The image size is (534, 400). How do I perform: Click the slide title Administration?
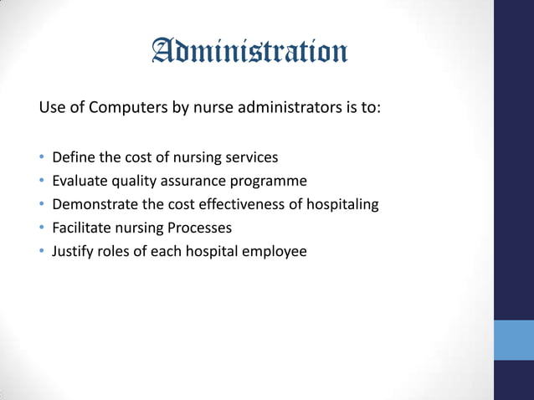click(249, 53)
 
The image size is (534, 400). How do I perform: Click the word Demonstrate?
click(92, 204)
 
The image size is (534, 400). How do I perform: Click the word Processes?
click(198, 228)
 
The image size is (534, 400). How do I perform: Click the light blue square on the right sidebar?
click(513, 339)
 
